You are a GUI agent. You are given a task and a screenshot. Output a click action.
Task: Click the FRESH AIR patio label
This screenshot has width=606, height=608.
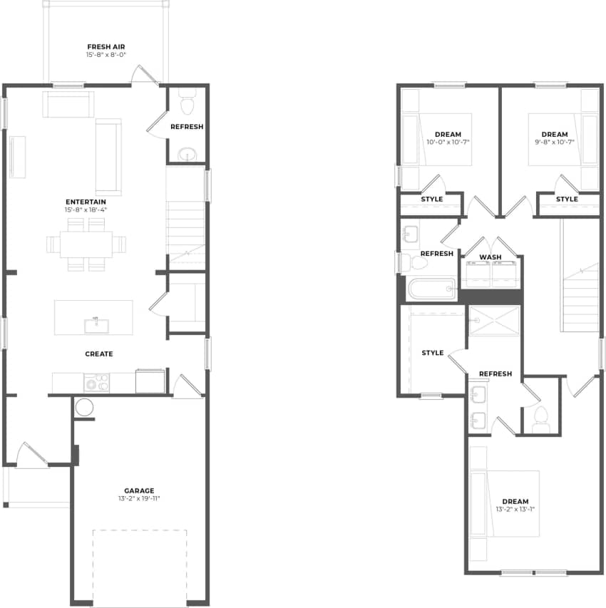click(x=106, y=46)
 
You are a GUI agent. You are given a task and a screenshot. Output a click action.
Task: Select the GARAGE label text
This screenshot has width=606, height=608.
click(x=139, y=490)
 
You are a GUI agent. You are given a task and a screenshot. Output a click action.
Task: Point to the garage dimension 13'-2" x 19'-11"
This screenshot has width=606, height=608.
click(x=139, y=498)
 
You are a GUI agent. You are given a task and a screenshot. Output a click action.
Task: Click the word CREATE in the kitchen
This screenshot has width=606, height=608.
click(x=98, y=354)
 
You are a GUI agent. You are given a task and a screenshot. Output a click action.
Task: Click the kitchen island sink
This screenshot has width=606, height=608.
click(x=96, y=326)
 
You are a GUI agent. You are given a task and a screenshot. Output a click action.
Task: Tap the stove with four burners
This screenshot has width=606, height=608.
click(x=96, y=383)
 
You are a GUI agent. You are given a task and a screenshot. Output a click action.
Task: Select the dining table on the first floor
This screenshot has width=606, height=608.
click(x=86, y=244)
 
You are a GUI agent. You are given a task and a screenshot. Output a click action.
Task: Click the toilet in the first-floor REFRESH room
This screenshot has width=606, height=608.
click(x=188, y=104)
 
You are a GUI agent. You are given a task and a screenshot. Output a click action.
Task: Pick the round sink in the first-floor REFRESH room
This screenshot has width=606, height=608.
click(x=187, y=154)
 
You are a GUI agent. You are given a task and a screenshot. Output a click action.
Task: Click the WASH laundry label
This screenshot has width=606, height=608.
click(x=490, y=257)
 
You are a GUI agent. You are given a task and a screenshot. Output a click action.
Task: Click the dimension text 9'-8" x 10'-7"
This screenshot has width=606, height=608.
click(x=554, y=142)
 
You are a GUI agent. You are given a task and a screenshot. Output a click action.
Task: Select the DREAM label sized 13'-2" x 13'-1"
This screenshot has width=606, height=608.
click(x=515, y=501)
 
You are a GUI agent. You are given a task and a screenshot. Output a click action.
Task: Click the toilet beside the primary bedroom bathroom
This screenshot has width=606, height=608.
click(x=540, y=418)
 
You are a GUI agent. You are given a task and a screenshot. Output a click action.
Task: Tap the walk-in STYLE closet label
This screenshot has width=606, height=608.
click(x=432, y=353)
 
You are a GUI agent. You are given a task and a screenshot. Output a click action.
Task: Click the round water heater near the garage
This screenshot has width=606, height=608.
click(x=84, y=408)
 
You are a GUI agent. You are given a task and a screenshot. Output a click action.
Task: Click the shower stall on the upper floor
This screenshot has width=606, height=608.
click(x=494, y=320)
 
